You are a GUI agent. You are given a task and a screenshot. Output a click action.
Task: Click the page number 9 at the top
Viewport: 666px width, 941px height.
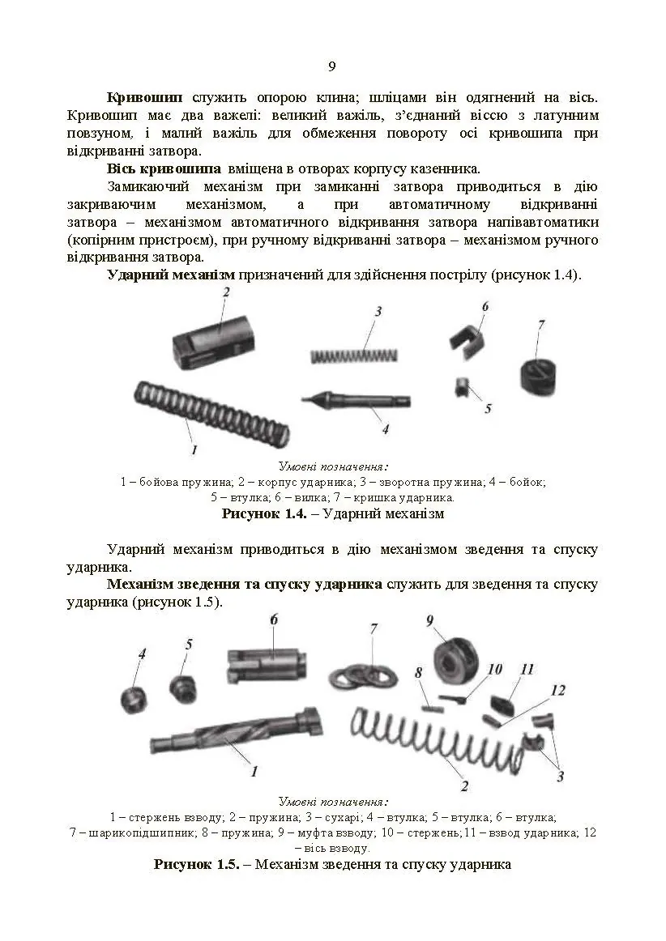(332, 66)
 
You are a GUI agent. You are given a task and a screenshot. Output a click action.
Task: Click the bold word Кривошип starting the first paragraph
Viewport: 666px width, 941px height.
(144, 96)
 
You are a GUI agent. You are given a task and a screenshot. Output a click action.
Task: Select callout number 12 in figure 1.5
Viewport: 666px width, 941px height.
(557, 690)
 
